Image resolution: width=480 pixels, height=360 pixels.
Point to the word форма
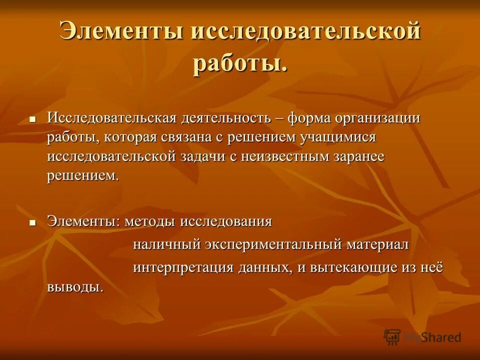[307, 118]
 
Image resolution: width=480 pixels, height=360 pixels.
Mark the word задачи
[202, 156]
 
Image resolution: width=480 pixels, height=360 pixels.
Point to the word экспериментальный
[273, 245]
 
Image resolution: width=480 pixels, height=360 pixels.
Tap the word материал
[378, 244]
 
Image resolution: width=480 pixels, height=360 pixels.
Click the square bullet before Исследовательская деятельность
[32, 120]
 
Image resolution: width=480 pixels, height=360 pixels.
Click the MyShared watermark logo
[422, 337]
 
